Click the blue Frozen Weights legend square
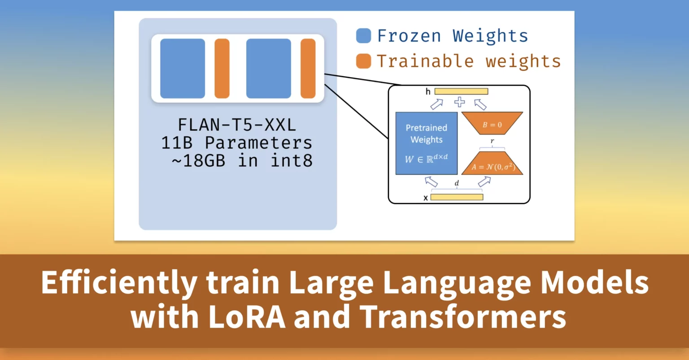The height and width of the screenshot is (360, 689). point(363,36)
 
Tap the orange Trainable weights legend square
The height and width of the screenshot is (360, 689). point(363,61)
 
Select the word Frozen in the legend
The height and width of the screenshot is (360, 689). point(409,36)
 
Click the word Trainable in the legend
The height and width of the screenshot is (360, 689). point(425,61)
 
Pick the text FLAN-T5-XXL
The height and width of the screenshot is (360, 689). point(237,125)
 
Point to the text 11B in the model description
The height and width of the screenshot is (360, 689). point(177,143)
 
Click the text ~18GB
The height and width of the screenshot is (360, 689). point(198,161)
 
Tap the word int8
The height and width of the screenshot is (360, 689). point(291,161)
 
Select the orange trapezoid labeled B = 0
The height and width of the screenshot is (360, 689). point(492,123)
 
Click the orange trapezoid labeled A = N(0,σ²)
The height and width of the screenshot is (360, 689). point(492,163)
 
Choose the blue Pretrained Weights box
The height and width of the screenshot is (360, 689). point(426,143)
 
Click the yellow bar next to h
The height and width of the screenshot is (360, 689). point(461,91)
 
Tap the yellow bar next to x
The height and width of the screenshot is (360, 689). point(457,197)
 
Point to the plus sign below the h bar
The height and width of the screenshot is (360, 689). point(459,102)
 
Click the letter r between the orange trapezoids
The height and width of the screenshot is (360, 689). point(492,141)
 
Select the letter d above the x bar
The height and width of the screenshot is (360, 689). point(457,183)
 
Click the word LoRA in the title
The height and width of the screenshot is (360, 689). point(247,317)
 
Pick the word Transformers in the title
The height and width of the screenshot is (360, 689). point(462,317)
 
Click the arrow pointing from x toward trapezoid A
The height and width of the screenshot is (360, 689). point(484,182)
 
